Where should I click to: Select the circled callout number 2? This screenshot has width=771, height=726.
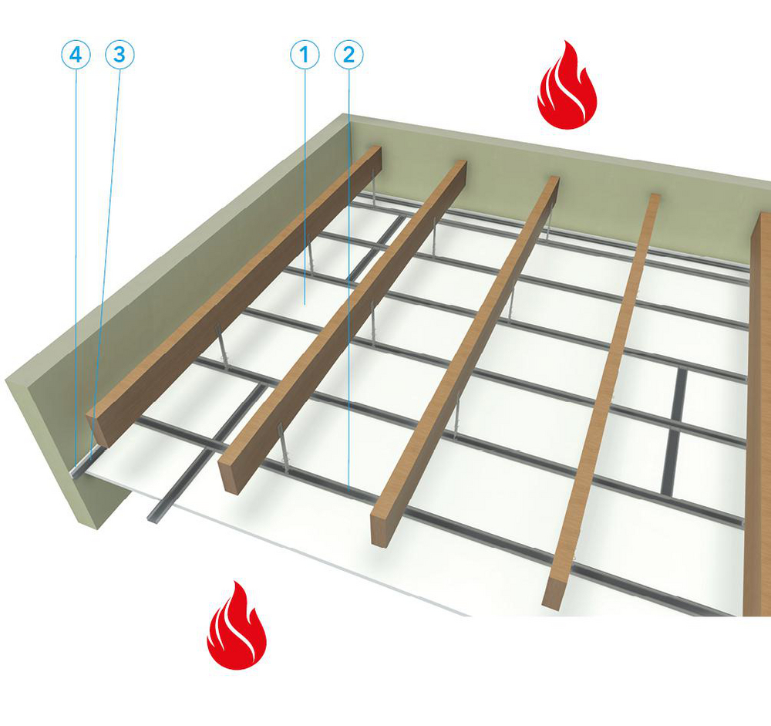point(348,55)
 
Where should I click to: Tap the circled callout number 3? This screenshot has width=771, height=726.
point(119,55)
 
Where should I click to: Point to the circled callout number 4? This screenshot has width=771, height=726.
point(76,55)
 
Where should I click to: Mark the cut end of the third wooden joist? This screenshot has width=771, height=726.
point(379,528)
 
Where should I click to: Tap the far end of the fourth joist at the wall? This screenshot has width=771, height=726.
point(654,199)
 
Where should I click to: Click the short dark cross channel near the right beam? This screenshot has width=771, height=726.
point(678,432)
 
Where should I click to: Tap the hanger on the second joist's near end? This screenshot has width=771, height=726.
point(283,454)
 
